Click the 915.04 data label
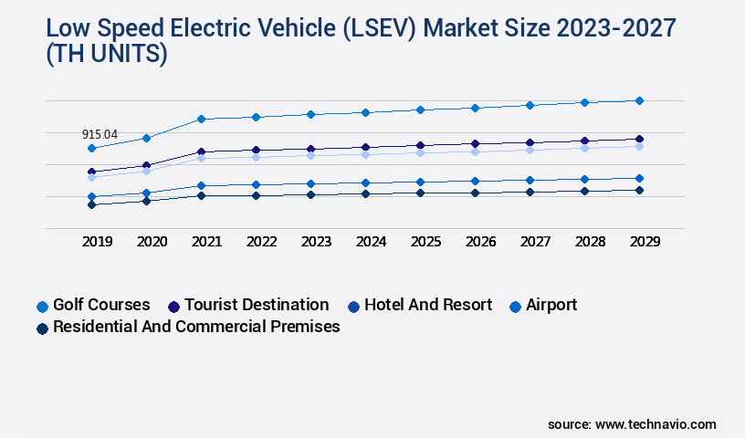pos(100,134)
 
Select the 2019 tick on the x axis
pos(98,243)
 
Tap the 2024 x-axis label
pos(371,243)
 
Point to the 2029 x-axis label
pos(644,243)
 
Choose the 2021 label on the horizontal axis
pos(206,243)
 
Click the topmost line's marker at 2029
pos(639,100)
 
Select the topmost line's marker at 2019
pos(91,148)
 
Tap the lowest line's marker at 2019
pos(91,204)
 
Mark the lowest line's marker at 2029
pos(639,190)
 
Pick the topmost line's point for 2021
pos(201,119)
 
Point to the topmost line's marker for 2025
pos(420,109)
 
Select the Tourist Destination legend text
pos(257,305)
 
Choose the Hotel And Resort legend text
pos(427,305)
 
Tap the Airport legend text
pos(551,305)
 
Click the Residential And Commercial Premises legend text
pos(196,327)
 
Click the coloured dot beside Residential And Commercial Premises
pos(42,328)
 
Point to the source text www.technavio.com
pos(656,424)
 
